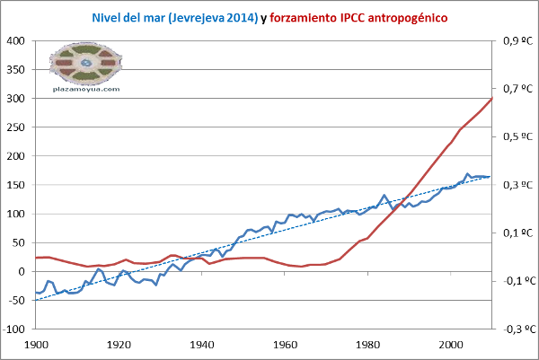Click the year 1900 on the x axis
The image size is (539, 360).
point(36,344)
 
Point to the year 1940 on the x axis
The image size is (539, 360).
point(202,344)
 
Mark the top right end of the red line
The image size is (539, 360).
point(492,98)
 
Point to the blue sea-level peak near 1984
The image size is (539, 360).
point(384,195)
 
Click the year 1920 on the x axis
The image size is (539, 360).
point(119,344)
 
